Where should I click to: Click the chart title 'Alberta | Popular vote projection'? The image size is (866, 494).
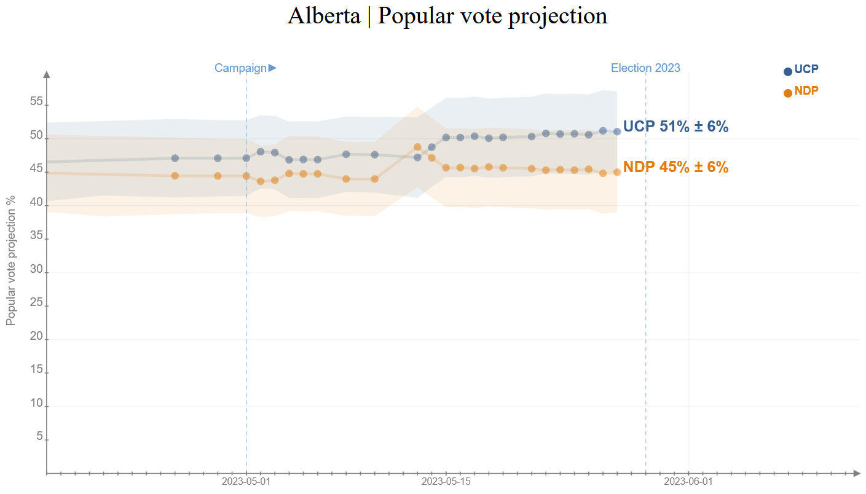click(447, 16)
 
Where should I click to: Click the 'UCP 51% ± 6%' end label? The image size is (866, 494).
click(675, 127)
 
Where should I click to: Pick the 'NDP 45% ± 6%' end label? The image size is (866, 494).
click(675, 167)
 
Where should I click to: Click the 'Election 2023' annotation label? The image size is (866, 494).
click(645, 68)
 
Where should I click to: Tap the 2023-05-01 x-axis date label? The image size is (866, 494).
click(246, 482)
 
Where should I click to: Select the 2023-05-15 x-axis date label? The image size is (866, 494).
click(446, 482)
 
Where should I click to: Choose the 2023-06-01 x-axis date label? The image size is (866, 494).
click(688, 482)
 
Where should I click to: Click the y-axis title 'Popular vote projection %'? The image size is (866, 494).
click(11, 261)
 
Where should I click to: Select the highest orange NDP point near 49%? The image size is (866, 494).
click(417, 147)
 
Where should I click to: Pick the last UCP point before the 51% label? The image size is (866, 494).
click(617, 131)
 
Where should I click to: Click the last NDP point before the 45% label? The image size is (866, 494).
click(617, 172)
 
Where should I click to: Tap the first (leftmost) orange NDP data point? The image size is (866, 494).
click(175, 176)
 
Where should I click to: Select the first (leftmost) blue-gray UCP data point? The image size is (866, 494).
click(175, 158)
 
